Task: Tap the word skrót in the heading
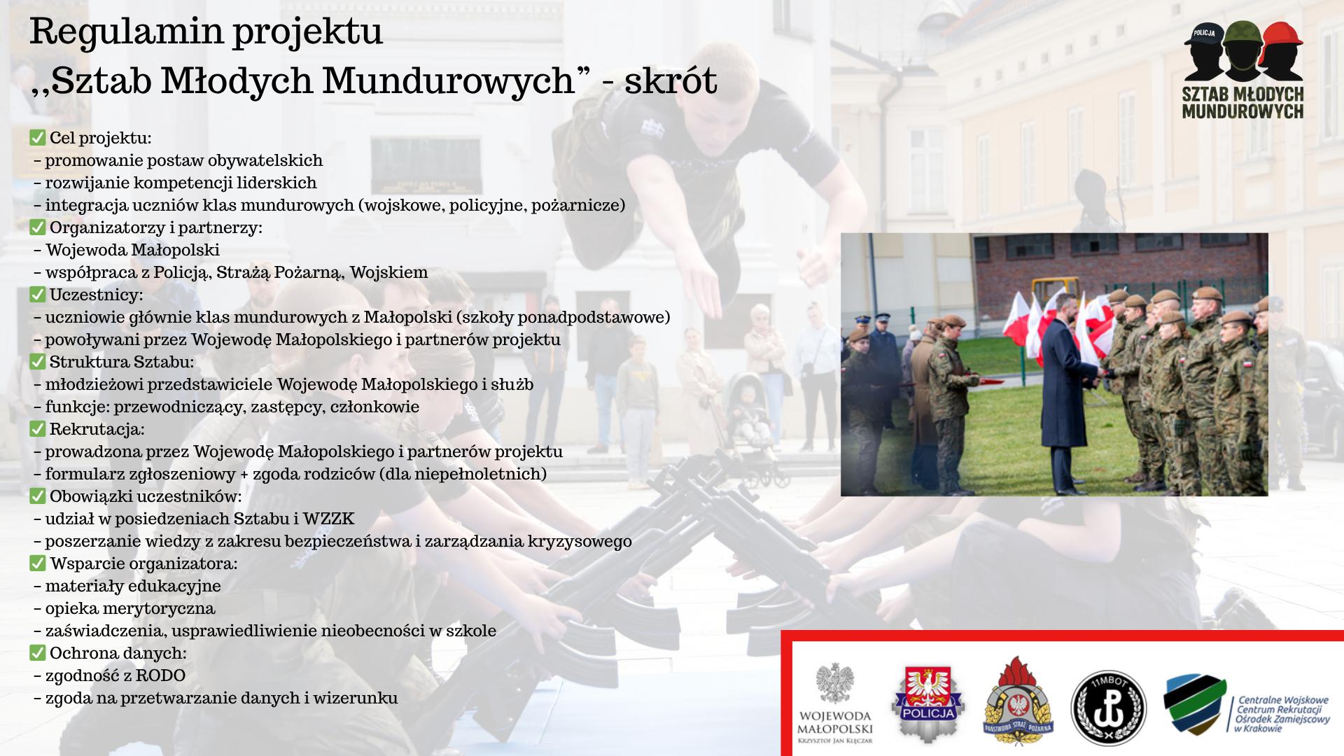click(671, 80)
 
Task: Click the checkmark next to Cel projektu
click(38, 137)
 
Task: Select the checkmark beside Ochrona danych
click(38, 652)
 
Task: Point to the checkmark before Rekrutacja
click(38, 428)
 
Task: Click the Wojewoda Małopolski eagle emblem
click(836, 684)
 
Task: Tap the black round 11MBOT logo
click(1109, 708)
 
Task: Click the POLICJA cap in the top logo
click(1204, 34)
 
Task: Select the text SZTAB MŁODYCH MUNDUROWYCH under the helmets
click(1242, 102)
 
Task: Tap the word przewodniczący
click(178, 407)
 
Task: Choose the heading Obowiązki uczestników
click(146, 496)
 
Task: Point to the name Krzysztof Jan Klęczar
click(836, 741)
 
